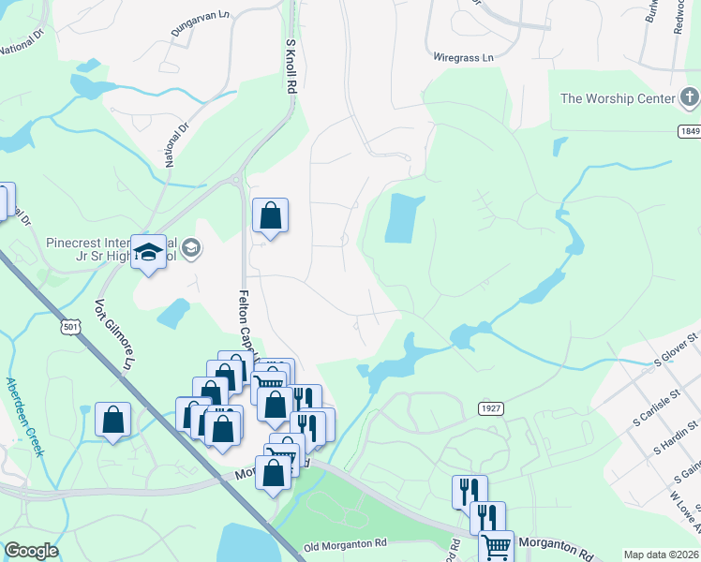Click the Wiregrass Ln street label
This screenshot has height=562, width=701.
(x=463, y=58)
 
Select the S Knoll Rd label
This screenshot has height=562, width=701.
(x=291, y=65)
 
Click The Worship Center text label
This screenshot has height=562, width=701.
(x=618, y=98)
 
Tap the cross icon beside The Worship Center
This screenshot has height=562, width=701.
(x=689, y=96)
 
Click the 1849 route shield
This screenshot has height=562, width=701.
(x=689, y=133)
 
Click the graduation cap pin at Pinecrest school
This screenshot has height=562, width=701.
(x=148, y=252)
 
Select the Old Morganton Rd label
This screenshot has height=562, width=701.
(x=346, y=544)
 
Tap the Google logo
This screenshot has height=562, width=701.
(x=31, y=552)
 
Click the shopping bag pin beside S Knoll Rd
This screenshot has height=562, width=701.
(x=270, y=216)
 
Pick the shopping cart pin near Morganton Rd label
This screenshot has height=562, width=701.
(x=496, y=546)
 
